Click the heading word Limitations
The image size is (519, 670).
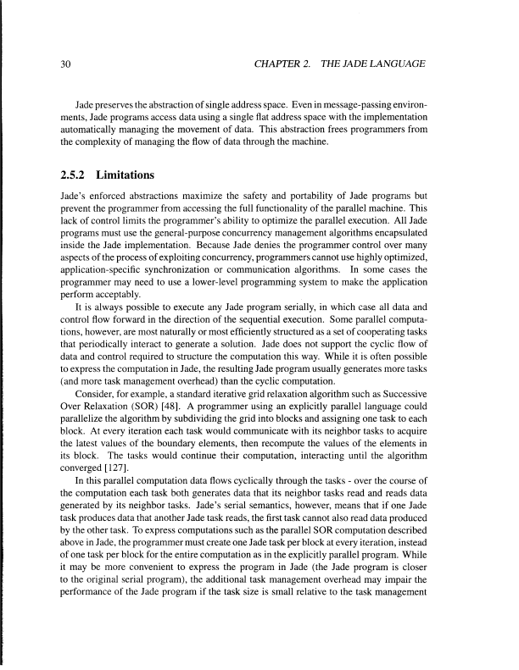[x=126, y=176]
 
